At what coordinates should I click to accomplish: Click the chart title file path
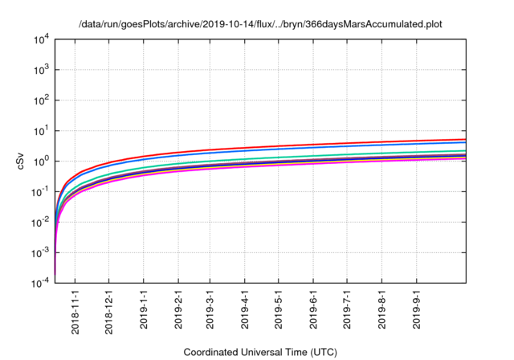point(260,24)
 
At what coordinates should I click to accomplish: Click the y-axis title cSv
point(22,161)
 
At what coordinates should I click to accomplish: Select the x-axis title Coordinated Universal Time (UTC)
point(260,352)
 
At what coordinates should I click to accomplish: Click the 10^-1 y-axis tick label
point(40,192)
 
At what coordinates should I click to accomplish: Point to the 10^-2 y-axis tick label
point(40,223)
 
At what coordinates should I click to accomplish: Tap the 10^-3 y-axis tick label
point(40,253)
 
